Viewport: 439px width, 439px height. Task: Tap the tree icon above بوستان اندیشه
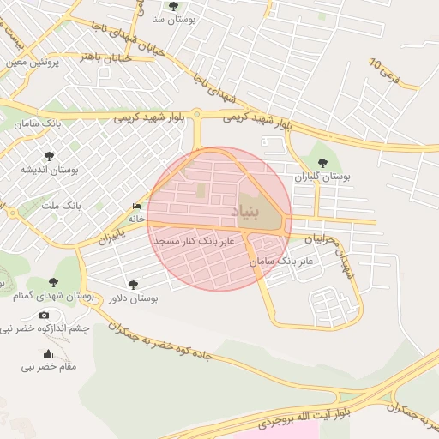48,156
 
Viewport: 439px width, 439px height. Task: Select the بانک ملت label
61,207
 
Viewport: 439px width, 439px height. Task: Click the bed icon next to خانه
137,207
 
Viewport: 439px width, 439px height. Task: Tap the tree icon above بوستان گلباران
322,162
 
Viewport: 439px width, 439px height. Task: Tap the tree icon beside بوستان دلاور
133,284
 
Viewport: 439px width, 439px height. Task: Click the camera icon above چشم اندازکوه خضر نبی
45,315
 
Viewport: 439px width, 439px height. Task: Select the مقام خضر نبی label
49,367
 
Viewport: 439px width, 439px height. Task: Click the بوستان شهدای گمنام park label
53,296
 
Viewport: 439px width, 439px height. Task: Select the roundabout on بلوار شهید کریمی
196,113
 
